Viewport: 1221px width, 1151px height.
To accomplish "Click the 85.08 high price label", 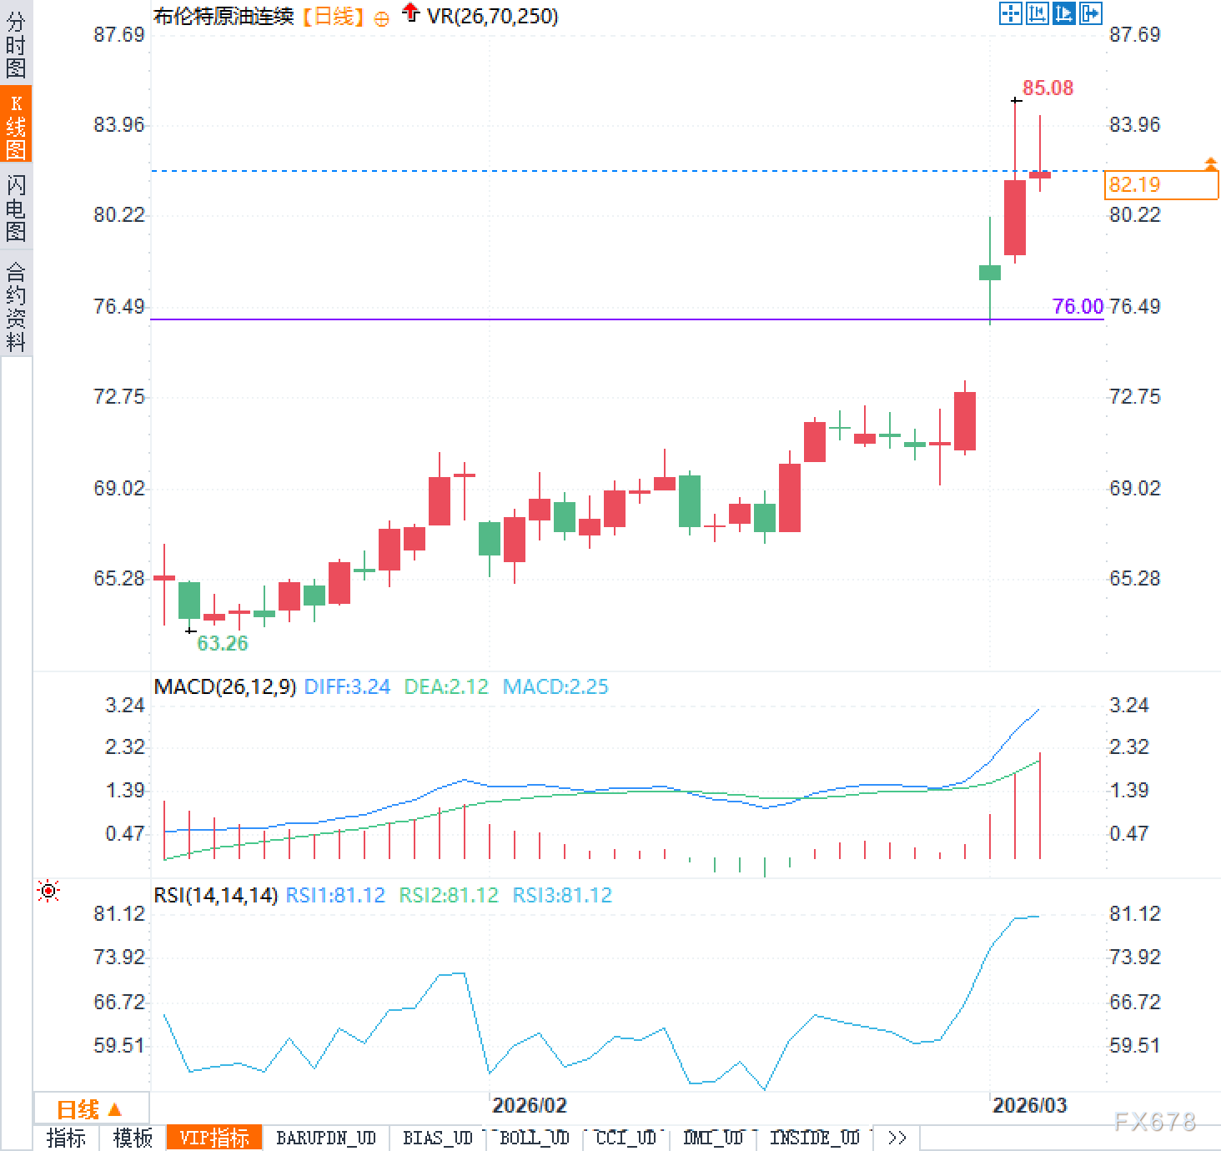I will tap(1048, 88).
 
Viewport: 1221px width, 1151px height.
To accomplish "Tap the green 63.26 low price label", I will tap(223, 643).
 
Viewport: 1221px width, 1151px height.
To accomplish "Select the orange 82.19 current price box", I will tap(1160, 184).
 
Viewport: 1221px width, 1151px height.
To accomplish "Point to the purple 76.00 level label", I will tap(1078, 306).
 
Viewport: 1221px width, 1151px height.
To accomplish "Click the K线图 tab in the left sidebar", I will tap(16, 126).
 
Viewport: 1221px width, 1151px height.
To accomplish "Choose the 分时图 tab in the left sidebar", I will tap(16, 44).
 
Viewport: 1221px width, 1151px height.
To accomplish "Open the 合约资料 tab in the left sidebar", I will tap(16, 306).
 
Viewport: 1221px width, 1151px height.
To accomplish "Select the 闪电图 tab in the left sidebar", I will tap(16, 208).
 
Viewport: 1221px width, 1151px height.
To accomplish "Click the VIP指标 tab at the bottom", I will tap(214, 1138).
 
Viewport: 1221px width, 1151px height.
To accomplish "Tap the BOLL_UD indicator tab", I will tap(534, 1138).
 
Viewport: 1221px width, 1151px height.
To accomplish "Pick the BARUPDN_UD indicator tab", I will tap(326, 1138).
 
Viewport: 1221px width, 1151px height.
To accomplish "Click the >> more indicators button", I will tap(897, 1138).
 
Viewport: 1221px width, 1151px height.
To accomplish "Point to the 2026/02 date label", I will tap(529, 1105).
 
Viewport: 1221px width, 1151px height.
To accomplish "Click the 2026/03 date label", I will tap(1029, 1105).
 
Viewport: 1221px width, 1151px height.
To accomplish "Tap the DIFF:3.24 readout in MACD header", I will tap(347, 686).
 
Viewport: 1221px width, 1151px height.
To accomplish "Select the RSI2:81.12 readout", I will tap(448, 895).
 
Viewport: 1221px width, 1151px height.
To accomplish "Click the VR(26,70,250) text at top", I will tap(492, 16).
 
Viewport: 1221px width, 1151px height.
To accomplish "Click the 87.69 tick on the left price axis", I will tap(118, 34).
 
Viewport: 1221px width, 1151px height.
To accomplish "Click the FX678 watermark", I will tap(1155, 1122).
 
